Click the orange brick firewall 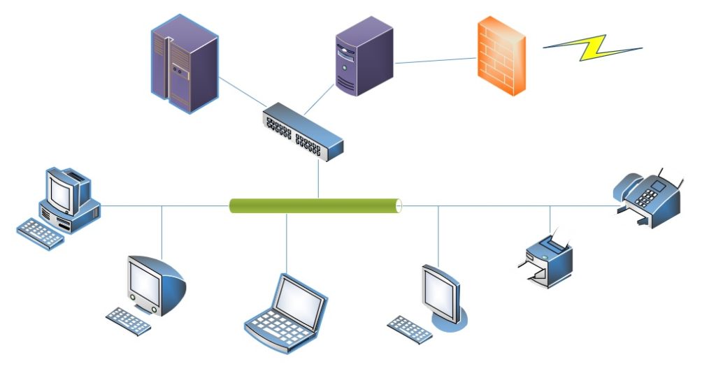pos(501,56)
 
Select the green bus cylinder pos(315,205)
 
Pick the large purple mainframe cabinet pos(184,64)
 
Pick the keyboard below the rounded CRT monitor pos(129,321)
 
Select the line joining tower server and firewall pos(436,61)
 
